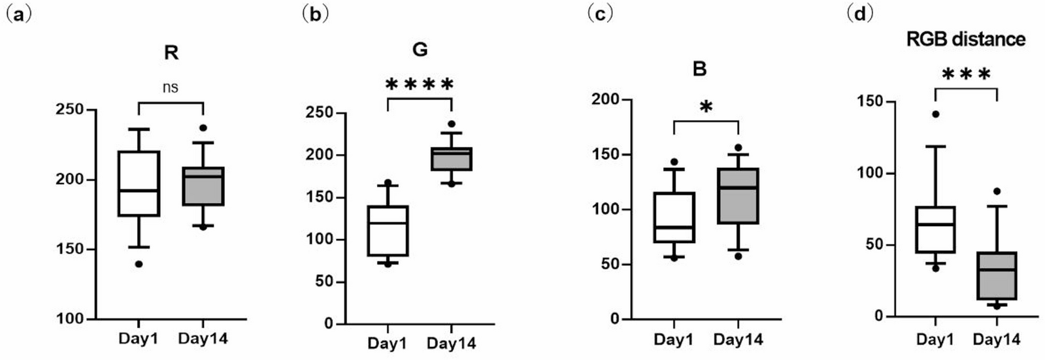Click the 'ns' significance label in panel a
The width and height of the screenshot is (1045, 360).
coord(170,87)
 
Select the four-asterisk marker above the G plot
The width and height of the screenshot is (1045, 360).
coord(420,84)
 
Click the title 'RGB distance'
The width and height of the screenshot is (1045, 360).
coord(966,39)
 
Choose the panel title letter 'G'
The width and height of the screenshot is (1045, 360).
coord(420,50)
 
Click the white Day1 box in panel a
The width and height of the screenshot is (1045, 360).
coord(139,184)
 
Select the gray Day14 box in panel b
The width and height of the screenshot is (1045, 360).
coord(452,159)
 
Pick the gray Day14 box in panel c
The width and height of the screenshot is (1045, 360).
coord(738,196)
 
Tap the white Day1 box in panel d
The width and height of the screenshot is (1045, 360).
coord(935,229)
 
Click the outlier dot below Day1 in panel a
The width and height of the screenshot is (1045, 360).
coord(139,264)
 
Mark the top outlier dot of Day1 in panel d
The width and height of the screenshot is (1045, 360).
coord(935,114)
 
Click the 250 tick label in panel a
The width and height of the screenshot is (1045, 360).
coord(70,110)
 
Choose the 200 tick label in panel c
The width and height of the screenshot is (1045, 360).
coord(605,99)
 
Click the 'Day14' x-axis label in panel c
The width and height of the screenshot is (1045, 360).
coord(738,340)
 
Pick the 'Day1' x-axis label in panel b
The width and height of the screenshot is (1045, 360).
coord(387,343)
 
